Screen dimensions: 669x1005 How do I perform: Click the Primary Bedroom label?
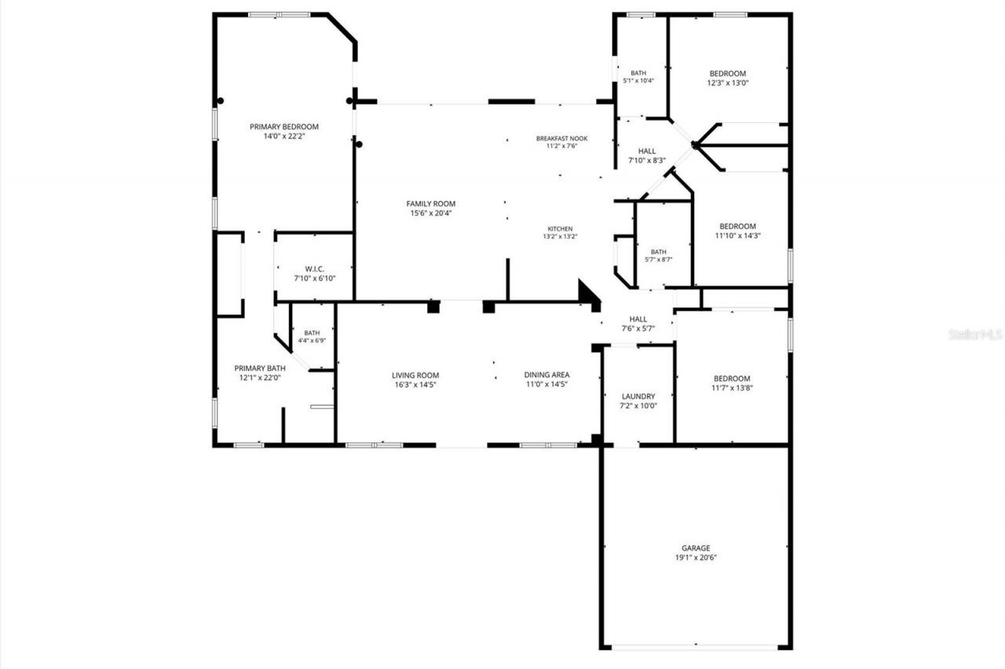tap(284, 126)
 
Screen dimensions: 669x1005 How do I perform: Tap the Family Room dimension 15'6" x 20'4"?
tap(430, 213)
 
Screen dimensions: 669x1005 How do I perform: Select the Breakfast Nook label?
tap(561, 138)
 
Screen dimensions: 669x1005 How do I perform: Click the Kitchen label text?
tap(560, 229)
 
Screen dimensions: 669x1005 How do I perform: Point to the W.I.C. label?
tap(315, 268)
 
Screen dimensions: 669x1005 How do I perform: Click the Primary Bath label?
tap(260, 368)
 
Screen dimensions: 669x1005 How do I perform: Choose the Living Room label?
tap(415, 375)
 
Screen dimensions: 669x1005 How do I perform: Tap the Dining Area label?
tap(546, 375)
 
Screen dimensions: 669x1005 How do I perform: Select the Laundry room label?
tap(638, 397)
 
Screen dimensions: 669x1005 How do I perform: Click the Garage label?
tap(696, 548)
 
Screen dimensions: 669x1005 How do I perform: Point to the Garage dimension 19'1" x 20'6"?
tap(696, 558)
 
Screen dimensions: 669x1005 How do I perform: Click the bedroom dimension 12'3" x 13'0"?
tap(727, 82)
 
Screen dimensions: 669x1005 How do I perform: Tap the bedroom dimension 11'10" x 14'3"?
tap(738, 235)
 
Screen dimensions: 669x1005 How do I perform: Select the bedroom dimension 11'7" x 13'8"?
tap(731, 387)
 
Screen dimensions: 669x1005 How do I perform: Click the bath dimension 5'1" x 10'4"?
tap(638, 81)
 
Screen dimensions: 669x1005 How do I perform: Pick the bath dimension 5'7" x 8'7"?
tap(658, 260)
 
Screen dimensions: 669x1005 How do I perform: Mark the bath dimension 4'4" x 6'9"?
tap(312, 340)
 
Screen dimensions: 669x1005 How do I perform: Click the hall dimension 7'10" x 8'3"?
tap(647, 160)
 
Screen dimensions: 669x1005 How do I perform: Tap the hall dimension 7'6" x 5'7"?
tap(638, 329)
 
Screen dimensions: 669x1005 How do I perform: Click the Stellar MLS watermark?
tap(976, 334)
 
